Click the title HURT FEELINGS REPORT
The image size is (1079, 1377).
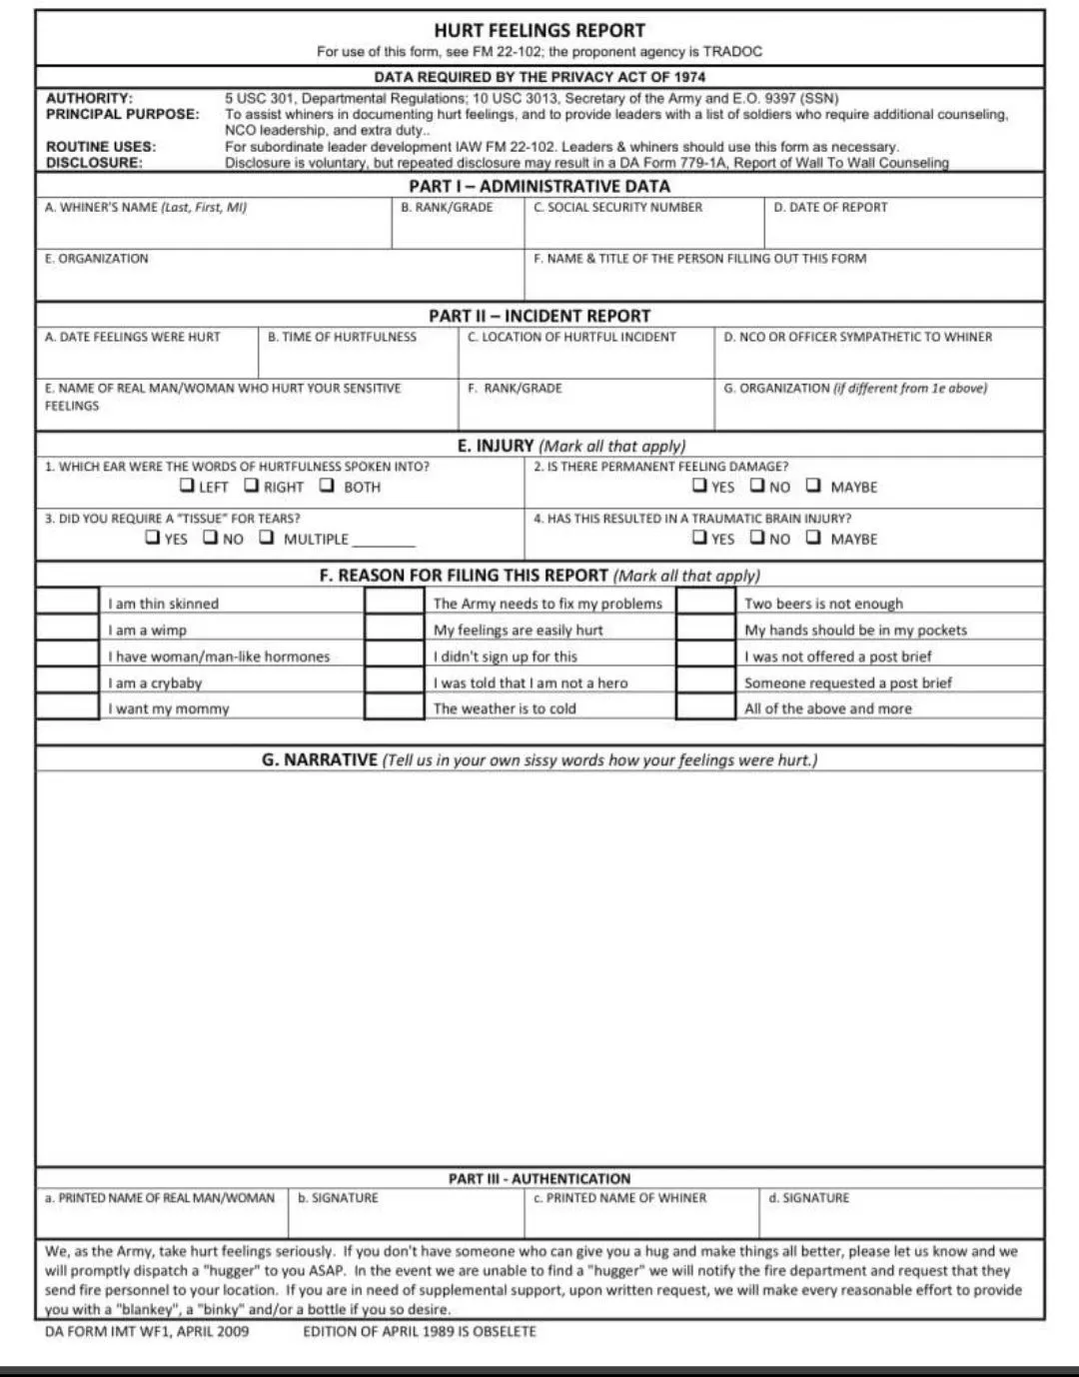(x=539, y=30)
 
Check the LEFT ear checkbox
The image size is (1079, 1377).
(x=187, y=486)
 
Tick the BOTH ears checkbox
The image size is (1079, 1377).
(x=327, y=486)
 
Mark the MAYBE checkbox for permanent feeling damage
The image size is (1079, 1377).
(x=813, y=486)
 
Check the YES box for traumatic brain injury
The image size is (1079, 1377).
(x=699, y=538)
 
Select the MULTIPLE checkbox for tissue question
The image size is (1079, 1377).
(x=266, y=538)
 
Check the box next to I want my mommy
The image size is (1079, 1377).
(x=68, y=706)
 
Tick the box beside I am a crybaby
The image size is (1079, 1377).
(x=68, y=681)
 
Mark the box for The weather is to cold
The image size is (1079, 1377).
(x=394, y=706)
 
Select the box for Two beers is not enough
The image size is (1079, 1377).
(x=705, y=602)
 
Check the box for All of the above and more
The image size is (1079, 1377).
(x=705, y=706)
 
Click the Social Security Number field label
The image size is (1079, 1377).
(x=617, y=208)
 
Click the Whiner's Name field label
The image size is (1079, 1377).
(x=146, y=208)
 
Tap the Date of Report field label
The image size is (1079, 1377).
(x=830, y=208)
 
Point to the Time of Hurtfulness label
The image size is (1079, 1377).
(x=342, y=338)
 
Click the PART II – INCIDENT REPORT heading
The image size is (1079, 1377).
(x=539, y=316)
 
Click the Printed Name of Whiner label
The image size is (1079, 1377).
(x=619, y=1198)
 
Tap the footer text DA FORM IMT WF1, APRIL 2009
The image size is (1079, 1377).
(x=147, y=1332)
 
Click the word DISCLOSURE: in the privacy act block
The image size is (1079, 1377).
(x=94, y=162)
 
